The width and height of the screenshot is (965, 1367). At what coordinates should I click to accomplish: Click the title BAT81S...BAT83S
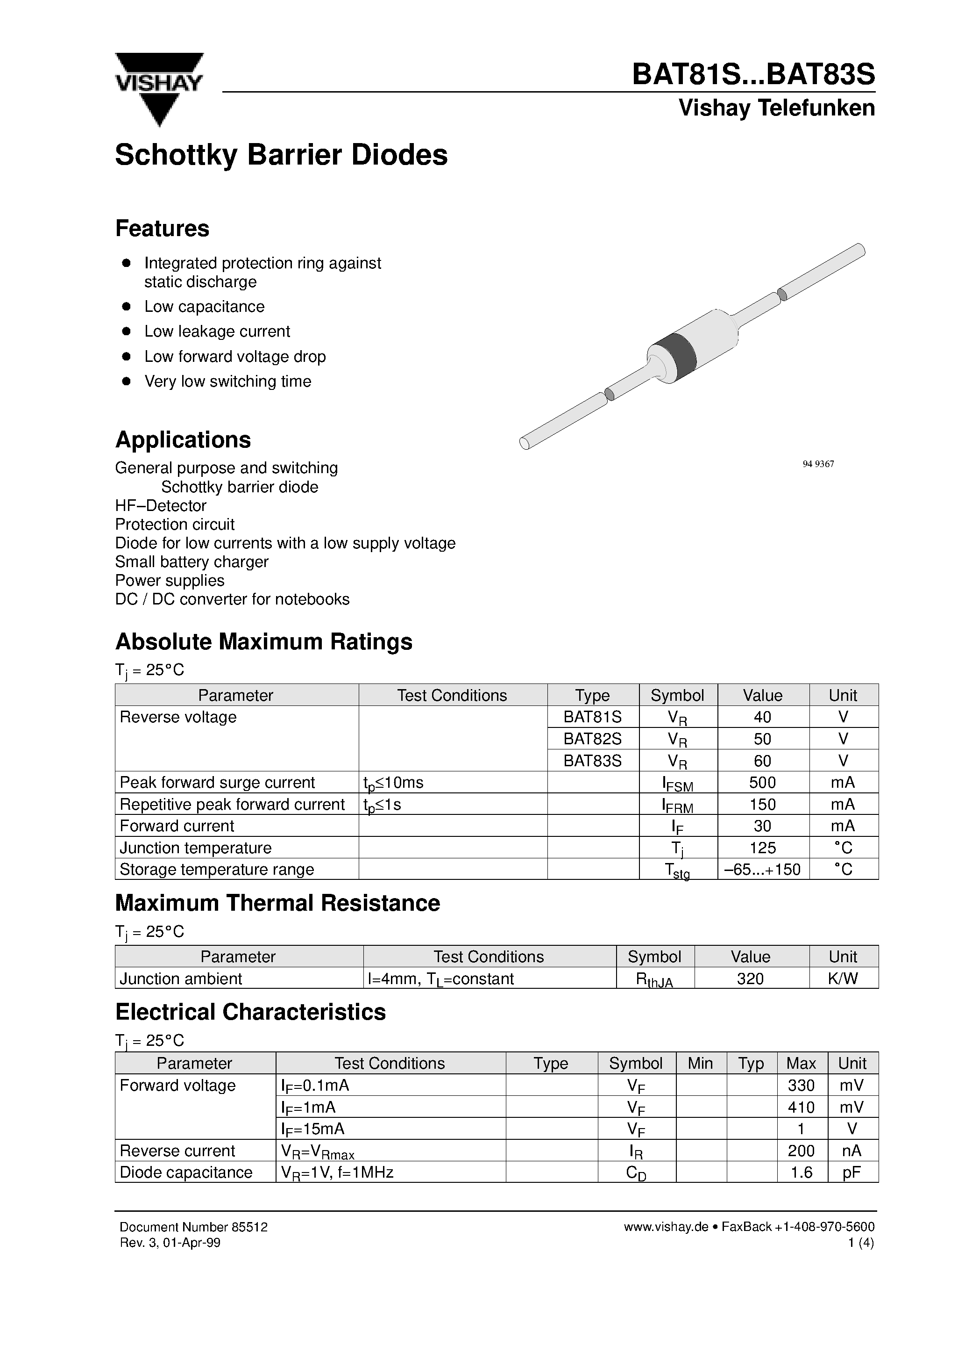753,75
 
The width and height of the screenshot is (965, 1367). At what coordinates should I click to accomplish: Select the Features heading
162,229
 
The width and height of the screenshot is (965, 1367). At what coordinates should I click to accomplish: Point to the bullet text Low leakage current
217,331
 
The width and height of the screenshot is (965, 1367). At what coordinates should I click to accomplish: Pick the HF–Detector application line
161,505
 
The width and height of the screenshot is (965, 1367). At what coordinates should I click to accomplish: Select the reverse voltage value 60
762,761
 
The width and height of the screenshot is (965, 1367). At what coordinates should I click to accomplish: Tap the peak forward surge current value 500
762,782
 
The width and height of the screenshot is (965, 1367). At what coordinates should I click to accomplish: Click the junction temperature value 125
762,848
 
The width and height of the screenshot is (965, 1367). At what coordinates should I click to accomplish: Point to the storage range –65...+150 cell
762,869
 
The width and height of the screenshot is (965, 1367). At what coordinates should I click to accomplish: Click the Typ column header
751,1064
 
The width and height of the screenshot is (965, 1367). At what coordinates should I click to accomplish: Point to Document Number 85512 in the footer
193,1227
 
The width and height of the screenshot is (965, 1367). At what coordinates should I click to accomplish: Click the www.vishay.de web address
666,1227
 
